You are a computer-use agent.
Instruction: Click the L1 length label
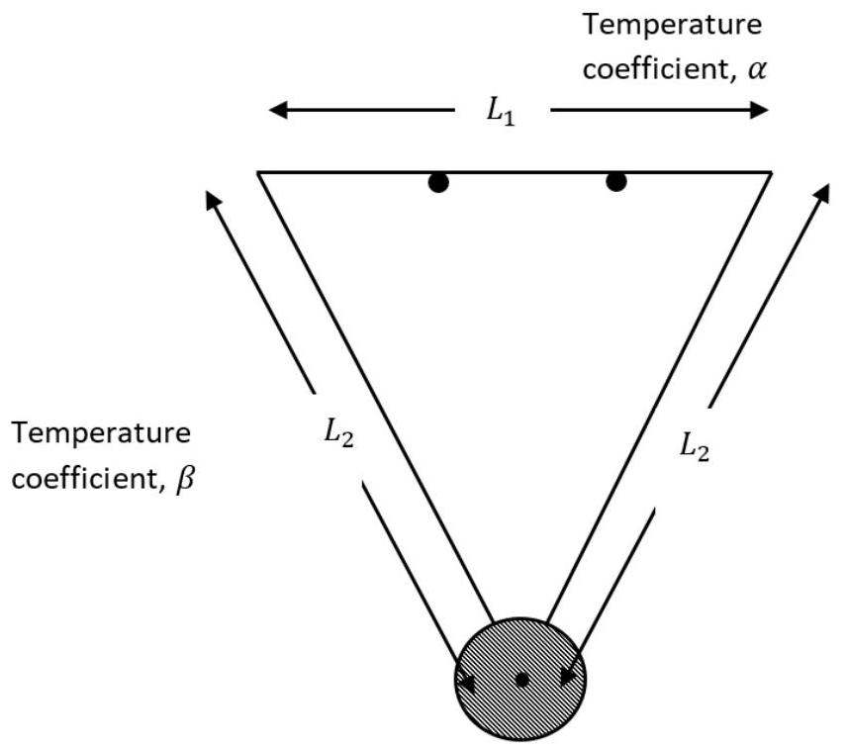tap(501, 113)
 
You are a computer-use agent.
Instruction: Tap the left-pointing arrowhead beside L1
tap(278, 111)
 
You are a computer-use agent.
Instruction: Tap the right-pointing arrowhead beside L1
tap(759, 111)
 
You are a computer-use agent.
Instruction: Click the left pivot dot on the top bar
tap(438, 183)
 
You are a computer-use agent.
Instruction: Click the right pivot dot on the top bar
tap(616, 182)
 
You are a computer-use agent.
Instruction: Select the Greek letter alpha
tap(756, 70)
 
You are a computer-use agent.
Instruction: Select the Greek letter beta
tap(184, 479)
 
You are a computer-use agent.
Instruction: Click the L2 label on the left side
tap(338, 433)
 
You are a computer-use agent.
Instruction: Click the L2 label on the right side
tap(695, 447)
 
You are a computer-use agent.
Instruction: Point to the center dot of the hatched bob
tap(521, 680)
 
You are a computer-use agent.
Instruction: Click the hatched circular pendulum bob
tap(520, 680)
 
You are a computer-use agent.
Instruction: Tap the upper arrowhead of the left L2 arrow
tap(213, 199)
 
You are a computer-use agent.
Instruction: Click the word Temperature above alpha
tap(672, 25)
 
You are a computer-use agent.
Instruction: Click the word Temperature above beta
tap(102, 432)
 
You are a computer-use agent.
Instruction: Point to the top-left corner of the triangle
tap(257, 173)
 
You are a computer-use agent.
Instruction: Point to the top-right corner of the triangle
tap(772, 173)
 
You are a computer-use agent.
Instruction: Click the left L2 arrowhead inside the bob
tap(467, 684)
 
